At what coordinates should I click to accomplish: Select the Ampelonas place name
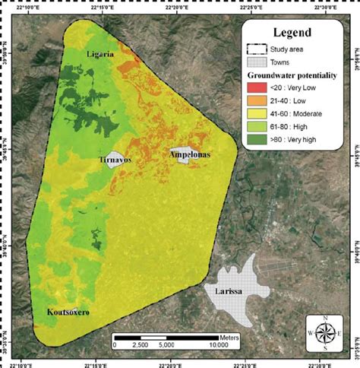coord(189,154)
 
